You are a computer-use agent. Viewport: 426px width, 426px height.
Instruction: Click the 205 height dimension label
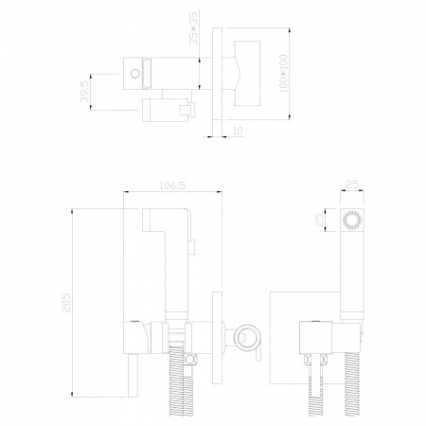[x=66, y=303]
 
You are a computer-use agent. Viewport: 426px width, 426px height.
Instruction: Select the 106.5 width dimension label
[x=172, y=186]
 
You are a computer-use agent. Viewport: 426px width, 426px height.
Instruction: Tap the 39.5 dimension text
[x=84, y=92]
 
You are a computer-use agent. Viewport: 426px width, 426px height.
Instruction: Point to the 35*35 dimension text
[x=193, y=28]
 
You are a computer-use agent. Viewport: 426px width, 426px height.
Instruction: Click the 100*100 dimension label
[x=284, y=74]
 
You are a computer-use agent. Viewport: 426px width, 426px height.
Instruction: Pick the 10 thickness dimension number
[x=238, y=131]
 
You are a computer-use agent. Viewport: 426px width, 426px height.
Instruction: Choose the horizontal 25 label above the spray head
[x=352, y=185]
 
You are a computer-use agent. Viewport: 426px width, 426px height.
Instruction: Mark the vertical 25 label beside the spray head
[x=319, y=220]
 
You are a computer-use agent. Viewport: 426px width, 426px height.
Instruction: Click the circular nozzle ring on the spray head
[x=352, y=220]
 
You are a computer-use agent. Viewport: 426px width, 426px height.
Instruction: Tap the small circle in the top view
[x=135, y=74]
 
